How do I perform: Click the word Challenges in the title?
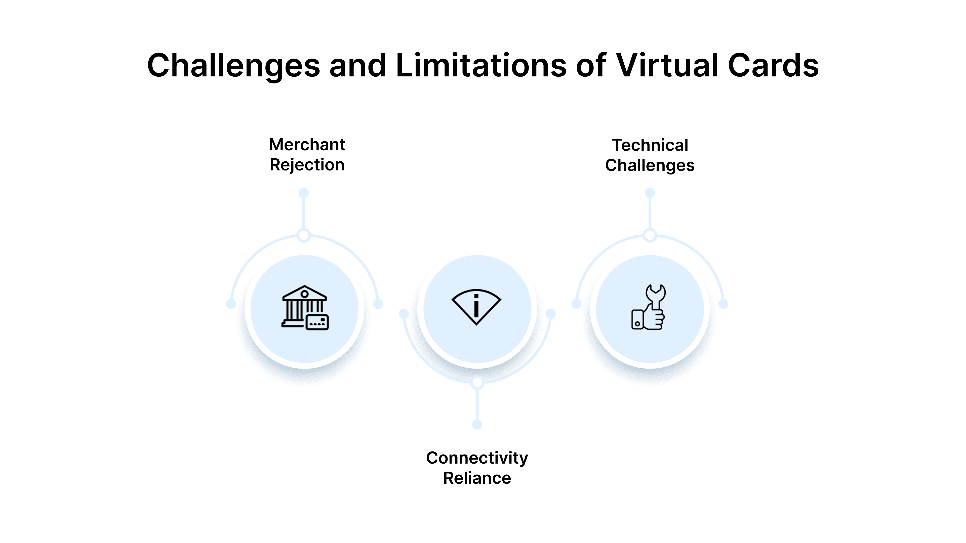pyautogui.click(x=233, y=66)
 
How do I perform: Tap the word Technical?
pyautogui.click(x=650, y=145)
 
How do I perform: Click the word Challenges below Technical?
pyautogui.click(x=650, y=166)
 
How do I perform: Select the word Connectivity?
pyautogui.click(x=477, y=458)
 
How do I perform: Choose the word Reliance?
pyautogui.click(x=477, y=478)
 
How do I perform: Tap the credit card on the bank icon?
pyautogui.click(x=317, y=322)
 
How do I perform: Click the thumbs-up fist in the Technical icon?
pyautogui.click(x=654, y=319)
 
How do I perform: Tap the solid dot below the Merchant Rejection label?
pyautogui.click(x=304, y=193)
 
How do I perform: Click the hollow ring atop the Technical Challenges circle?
pyautogui.click(x=650, y=236)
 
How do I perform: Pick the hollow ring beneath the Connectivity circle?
pyautogui.click(x=477, y=383)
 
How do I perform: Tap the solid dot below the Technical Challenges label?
pyautogui.click(x=650, y=193)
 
